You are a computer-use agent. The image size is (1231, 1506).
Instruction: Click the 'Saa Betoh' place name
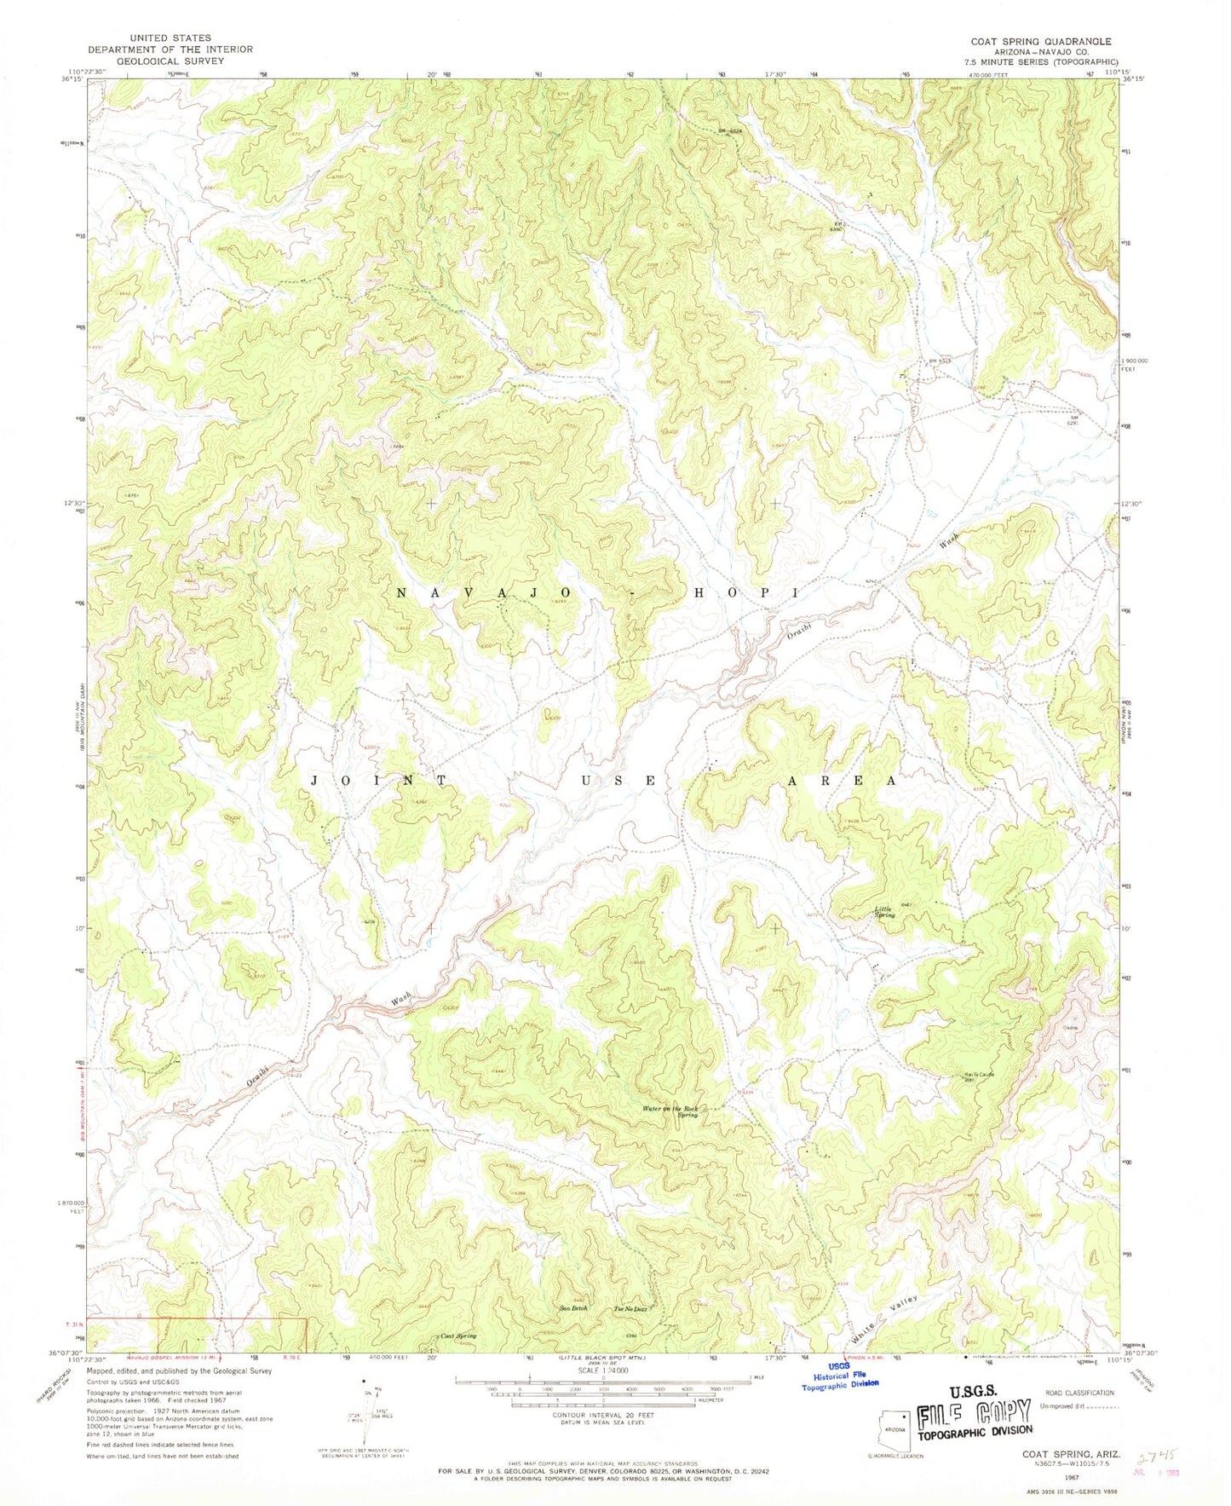573,1308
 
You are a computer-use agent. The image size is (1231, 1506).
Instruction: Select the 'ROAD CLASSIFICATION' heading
1076,1393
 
